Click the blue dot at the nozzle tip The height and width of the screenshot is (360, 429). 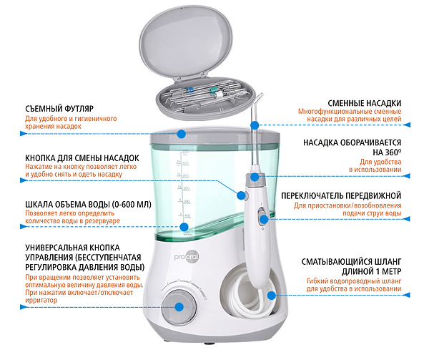pyautogui.click(x=252, y=125)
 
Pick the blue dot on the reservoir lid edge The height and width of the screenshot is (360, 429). pyautogui.click(x=182, y=133)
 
